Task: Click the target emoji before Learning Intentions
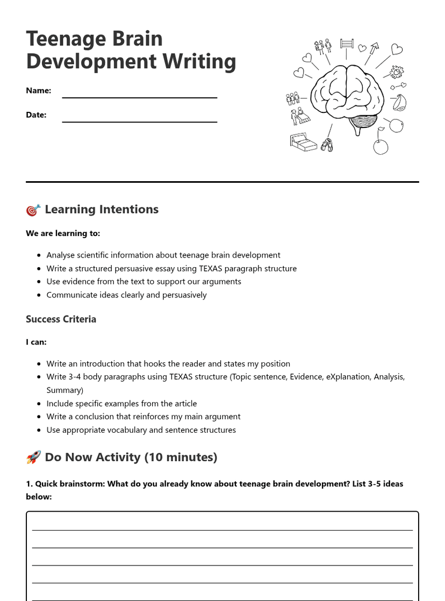[x=33, y=210]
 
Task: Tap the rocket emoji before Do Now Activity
[x=33, y=457]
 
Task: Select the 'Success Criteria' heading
[x=61, y=319]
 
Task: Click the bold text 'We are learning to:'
[x=63, y=233]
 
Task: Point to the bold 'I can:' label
[x=36, y=342]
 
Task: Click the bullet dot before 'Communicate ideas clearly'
[x=39, y=295]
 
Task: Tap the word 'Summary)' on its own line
[x=64, y=390]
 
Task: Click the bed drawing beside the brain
[x=303, y=142]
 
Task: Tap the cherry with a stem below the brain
[x=381, y=145]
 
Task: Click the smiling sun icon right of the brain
[x=397, y=71]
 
